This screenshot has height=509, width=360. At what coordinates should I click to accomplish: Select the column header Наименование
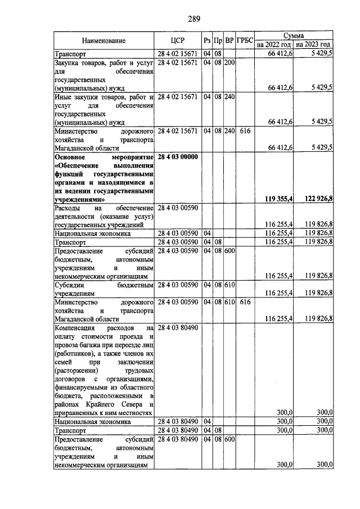pyautogui.click(x=103, y=40)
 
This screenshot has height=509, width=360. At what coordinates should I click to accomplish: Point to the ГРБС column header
pyautogui.click(x=245, y=40)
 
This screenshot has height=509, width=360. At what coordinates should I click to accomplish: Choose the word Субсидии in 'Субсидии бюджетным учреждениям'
pyautogui.click(x=69, y=285)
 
